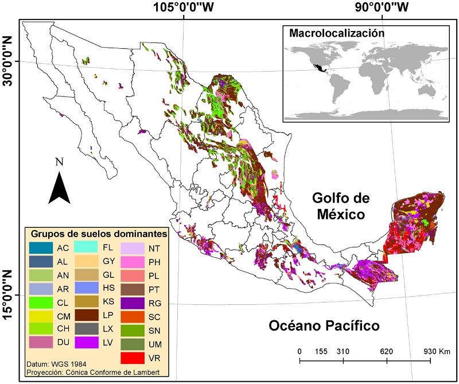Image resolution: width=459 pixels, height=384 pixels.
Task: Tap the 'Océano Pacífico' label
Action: [x=324, y=326]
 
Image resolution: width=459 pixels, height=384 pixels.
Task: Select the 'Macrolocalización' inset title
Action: [x=336, y=33]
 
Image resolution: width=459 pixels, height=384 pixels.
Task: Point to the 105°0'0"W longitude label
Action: [x=183, y=7]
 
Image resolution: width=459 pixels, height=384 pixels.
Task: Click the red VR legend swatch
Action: [x=131, y=358]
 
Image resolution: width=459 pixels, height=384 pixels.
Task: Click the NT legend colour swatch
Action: [x=131, y=248]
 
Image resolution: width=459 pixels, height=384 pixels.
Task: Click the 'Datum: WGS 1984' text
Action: [x=53, y=364]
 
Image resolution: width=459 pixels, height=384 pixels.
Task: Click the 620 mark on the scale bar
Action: [x=387, y=351]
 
